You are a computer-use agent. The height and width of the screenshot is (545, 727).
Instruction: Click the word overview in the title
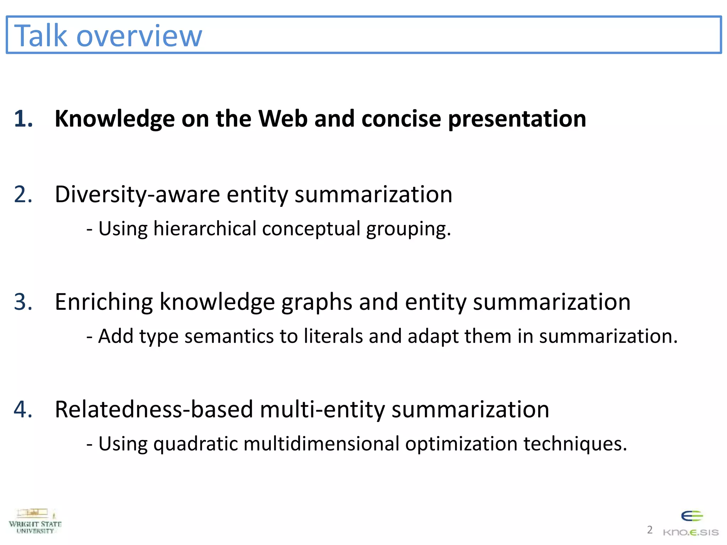click(139, 36)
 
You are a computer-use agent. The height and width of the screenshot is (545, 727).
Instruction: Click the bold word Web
click(283, 119)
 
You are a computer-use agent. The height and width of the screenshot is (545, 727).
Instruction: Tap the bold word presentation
click(517, 119)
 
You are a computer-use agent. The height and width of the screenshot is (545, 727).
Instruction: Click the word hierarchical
click(205, 229)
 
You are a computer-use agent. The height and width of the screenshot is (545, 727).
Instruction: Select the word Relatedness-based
click(154, 409)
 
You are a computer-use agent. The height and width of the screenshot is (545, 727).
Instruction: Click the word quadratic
click(196, 444)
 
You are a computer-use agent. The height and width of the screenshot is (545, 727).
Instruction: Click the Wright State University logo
click(35, 521)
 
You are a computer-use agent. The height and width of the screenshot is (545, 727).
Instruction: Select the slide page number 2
click(650, 530)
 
